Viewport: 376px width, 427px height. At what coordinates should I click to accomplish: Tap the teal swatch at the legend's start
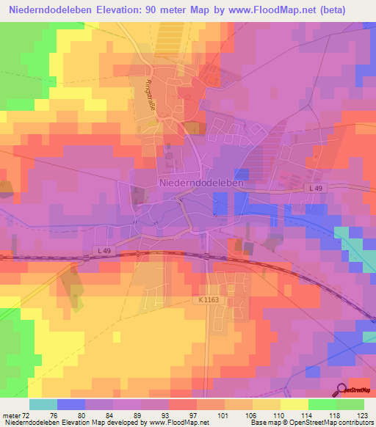point(43,404)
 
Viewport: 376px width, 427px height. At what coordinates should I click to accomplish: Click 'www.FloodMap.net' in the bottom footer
point(178,423)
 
